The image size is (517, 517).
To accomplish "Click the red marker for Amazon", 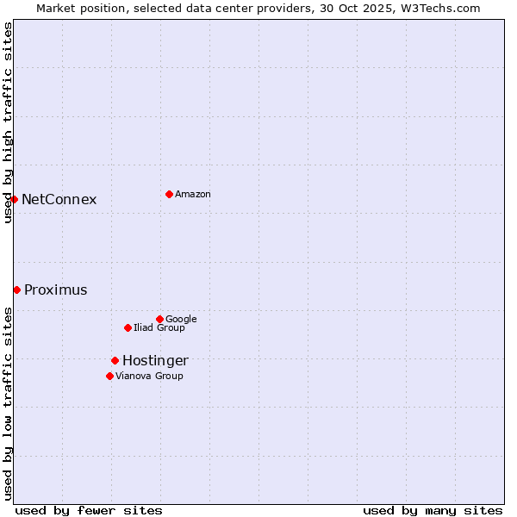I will (169, 194).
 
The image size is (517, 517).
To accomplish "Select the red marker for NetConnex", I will (14, 199).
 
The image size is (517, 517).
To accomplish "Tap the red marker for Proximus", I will (16, 290).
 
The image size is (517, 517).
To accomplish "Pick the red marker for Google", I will (159, 319).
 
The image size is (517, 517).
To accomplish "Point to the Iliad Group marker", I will (128, 327).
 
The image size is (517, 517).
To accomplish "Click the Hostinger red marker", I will (115, 360).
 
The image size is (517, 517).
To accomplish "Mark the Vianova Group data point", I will (109, 376).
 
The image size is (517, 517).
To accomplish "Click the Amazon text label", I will (193, 195).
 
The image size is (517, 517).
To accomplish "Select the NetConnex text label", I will (59, 200).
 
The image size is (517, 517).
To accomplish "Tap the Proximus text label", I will (56, 290).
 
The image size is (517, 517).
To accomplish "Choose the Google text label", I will (181, 320).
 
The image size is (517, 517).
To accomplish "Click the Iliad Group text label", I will (159, 328).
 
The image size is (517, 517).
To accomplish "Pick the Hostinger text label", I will (155, 361).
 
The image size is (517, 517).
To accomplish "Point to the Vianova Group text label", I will (149, 377).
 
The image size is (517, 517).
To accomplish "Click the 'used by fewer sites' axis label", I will (89, 510).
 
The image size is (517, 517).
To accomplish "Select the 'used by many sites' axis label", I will (433, 510).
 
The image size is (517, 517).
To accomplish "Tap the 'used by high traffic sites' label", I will (8, 122).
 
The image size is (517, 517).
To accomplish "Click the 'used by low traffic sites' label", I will (8, 403).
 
